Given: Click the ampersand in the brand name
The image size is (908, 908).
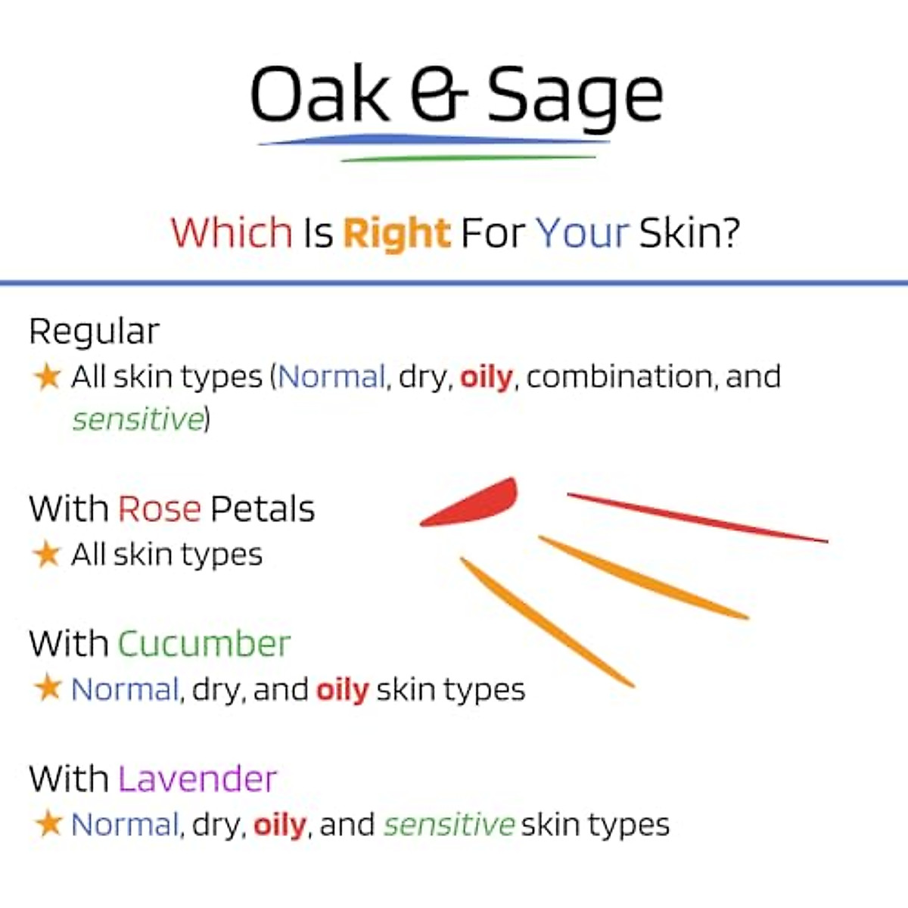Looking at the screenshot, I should pos(439,94).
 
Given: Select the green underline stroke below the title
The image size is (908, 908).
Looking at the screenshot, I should pos(469,158).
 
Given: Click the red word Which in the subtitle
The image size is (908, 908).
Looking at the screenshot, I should pos(232,232).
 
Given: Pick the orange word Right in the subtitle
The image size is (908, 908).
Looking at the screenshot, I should pos(396,233).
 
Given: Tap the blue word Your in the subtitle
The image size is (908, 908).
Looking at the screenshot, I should pos(582,233).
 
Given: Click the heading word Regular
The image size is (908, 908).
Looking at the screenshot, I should pos(94,331).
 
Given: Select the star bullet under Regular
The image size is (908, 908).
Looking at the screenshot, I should pos(47,376).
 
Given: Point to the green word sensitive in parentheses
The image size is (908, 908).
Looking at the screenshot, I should pos(138,418).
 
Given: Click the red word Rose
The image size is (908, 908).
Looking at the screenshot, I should pos(159,509).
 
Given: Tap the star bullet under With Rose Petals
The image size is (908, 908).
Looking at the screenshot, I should pos(47,554).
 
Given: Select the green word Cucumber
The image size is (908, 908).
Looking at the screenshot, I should pos(204,644).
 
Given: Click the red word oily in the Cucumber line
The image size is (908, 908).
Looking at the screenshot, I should pos(342,689).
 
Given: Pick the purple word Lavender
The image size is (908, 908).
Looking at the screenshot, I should pos(197,779).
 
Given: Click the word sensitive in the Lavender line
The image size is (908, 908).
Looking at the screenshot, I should pos(449,824).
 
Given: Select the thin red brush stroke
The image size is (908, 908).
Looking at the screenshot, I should pos(696,518).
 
